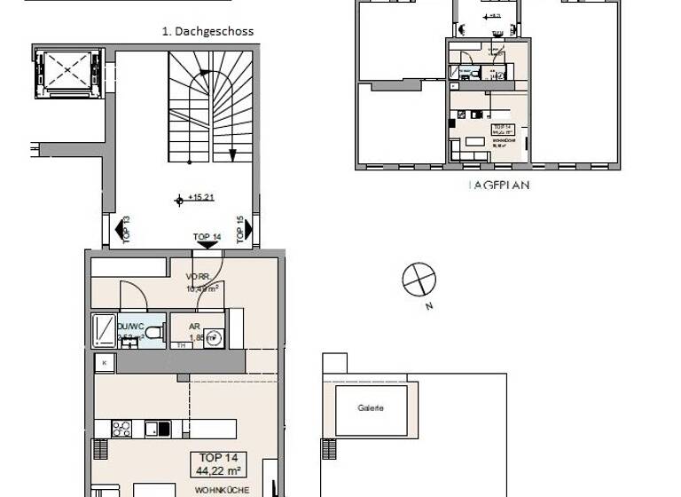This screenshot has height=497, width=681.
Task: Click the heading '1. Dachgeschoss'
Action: click(207, 31)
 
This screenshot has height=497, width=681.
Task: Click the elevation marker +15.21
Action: click(196, 198)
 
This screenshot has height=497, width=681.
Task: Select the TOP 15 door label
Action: click(244, 230)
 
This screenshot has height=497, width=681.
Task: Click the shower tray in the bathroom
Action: click(103, 331)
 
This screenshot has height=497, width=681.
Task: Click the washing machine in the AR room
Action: click(213, 338)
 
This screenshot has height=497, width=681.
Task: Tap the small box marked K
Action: click(105, 363)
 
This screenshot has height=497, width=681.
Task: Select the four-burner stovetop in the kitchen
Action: click(121, 429)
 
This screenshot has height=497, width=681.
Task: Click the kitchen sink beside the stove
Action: click(159, 429)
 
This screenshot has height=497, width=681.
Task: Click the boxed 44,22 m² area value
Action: click(217, 464)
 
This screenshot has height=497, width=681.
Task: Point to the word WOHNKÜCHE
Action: click(217, 489)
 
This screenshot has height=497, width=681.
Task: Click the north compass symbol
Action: click(419, 280)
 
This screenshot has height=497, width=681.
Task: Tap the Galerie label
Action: click(371, 408)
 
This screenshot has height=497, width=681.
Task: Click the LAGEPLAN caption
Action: click(487, 187)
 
